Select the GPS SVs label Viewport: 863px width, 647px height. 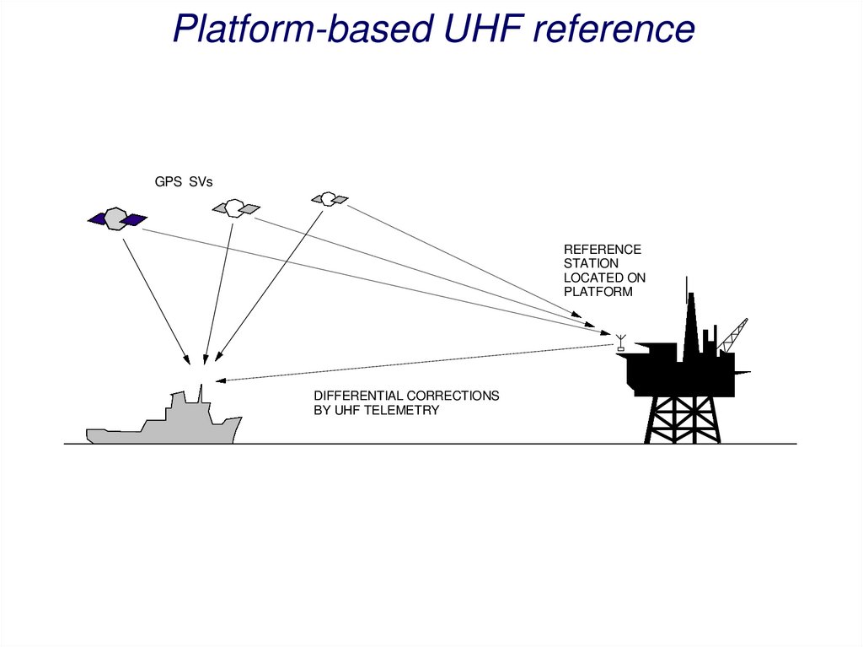click(183, 181)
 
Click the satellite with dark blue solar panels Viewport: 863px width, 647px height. click(117, 218)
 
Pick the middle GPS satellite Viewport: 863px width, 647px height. click(235, 207)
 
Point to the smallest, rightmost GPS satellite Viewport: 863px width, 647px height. click(329, 198)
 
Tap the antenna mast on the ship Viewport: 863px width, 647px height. click(201, 393)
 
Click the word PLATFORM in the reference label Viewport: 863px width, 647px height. click(598, 291)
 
